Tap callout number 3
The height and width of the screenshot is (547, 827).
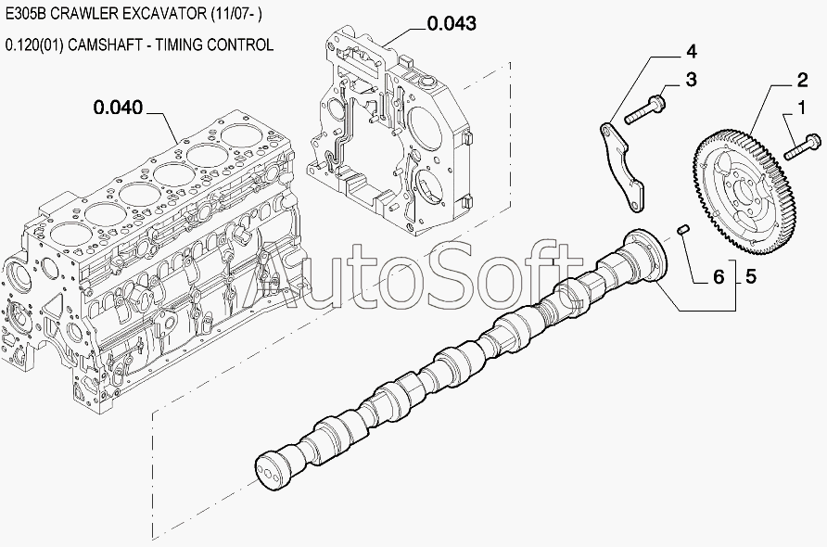pyautogui.click(x=690, y=81)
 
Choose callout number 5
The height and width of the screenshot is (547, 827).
pyautogui.click(x=750, y=275)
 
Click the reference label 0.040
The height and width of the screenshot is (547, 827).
pyautogui.click(x=118, y=108)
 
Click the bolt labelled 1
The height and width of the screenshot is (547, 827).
pyautogui.click(x=802, y=146)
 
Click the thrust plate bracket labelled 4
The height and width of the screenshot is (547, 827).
pyautogui.click(x=620, y=161)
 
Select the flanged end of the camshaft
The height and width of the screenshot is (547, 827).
pyautogui.click(x=645, y=250)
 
